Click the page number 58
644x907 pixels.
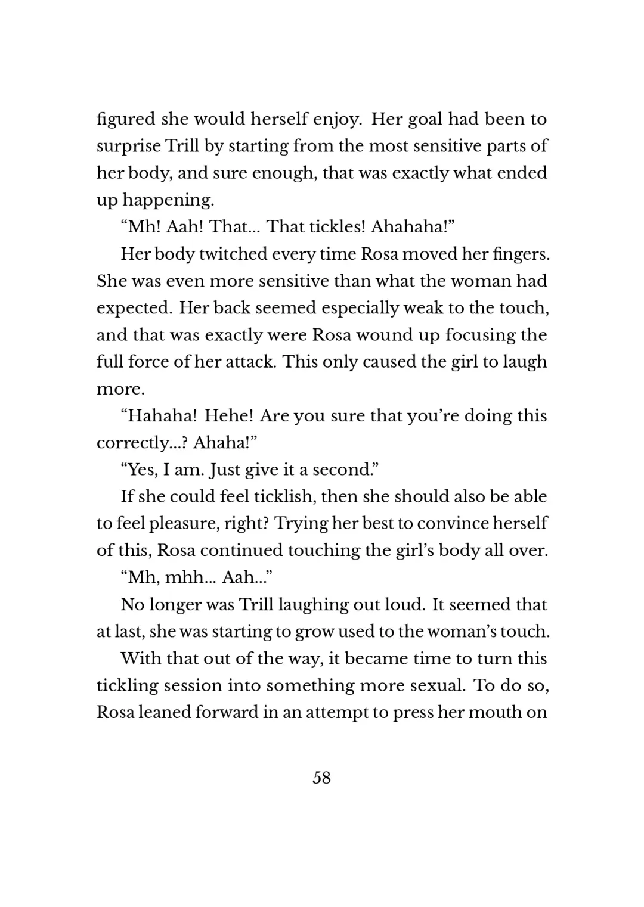(x=321, y=778)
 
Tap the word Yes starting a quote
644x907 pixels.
(x=143, y=470)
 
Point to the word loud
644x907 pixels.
(x=402, y=605)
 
